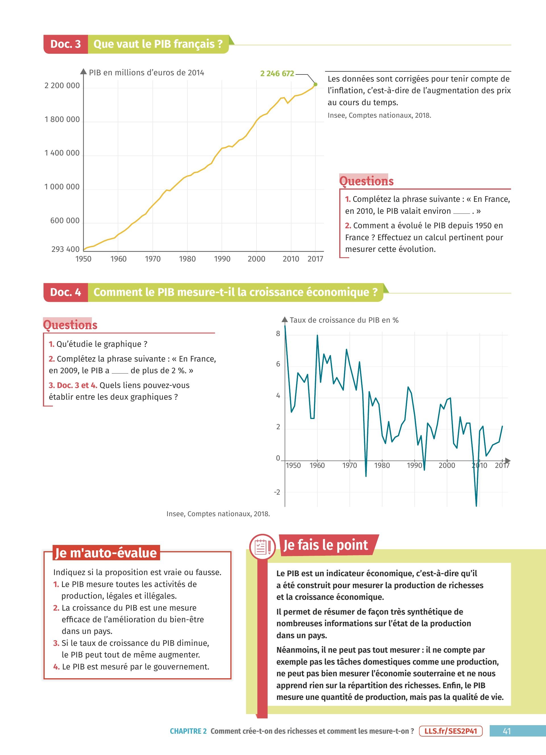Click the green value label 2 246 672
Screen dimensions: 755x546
[x=277, y=74]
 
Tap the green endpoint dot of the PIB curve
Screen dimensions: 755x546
[x=315, y=84]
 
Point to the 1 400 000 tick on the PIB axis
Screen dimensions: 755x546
[x=62, y=153]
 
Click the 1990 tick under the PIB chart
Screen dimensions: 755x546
[x=222, y=259]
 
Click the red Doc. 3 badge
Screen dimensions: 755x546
[x=66, y=44]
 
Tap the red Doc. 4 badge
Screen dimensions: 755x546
[x=66, y=292]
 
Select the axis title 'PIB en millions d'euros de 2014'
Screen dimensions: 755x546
[x=146, y=73]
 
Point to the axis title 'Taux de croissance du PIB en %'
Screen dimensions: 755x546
[x=344, y=320]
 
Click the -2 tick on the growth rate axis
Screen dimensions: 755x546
[x=277, y=492]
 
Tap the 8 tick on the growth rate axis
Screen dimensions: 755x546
[x=278, y=334]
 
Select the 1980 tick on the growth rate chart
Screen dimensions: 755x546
[x=382, y=465]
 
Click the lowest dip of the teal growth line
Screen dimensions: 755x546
[x=476, y=506]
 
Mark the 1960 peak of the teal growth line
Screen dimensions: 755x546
[x=317, y=335]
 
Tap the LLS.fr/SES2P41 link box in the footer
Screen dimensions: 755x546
[x=451, y=731]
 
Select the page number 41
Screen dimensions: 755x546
[x=507, y=731]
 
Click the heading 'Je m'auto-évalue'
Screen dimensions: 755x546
[x=106, y=553]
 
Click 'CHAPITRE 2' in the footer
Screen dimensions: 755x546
[x=188, y=731]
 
